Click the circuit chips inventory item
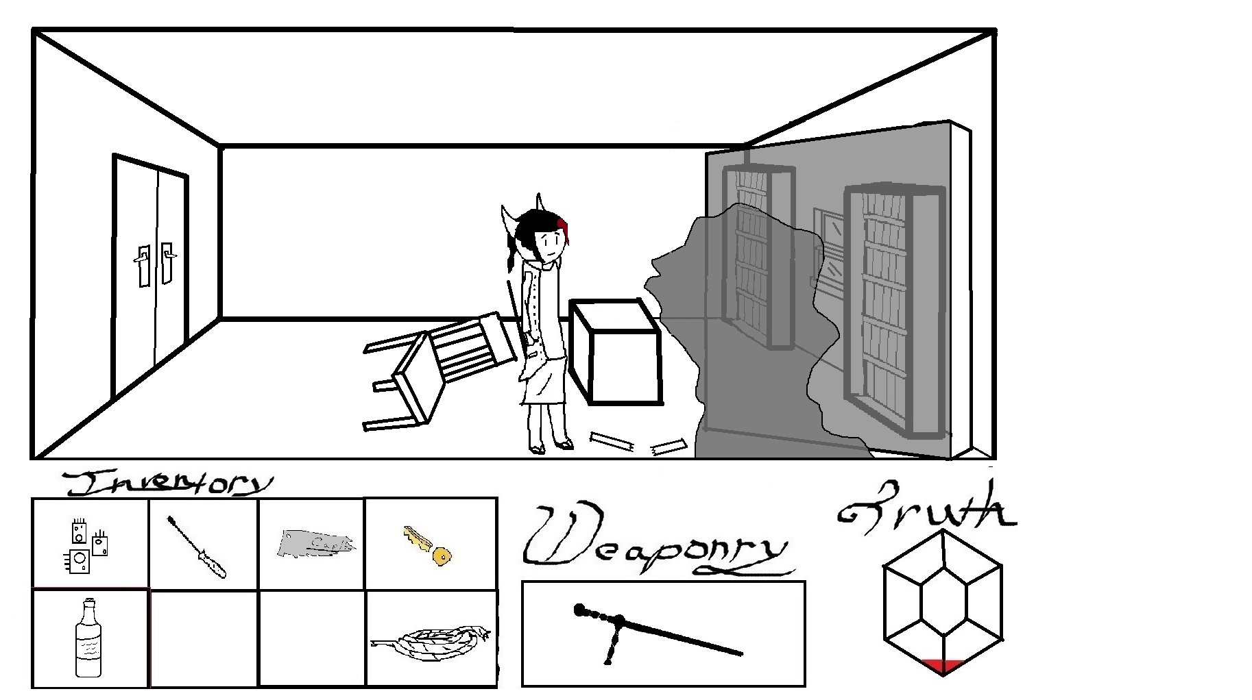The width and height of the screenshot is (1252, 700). pyautogui.click(x=86, y=546)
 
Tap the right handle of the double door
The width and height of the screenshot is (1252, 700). pyautogui.click(x=167, y=261)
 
